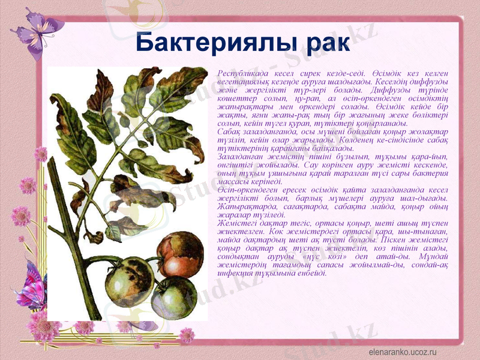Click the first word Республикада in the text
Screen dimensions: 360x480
coord(242,72)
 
